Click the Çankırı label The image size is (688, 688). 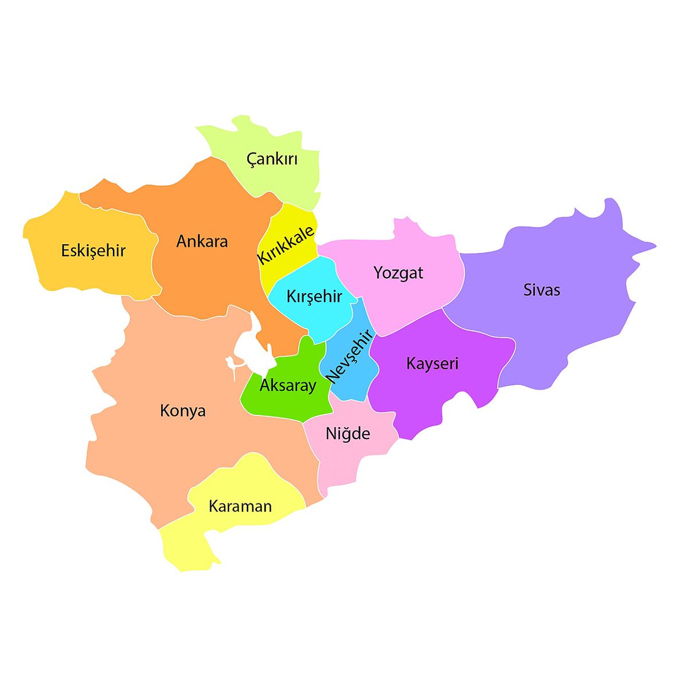coord(272,159)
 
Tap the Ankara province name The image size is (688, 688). coord(202,241)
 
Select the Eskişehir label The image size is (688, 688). coord(93,251)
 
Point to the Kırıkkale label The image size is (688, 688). coord(286,245)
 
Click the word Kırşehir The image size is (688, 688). coord(314,296)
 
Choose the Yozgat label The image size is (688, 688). coord(398,272)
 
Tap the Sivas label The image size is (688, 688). coord(541,290)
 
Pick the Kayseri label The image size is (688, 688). coord(432,363)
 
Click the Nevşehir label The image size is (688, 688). coord(349,355)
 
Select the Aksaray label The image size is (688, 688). coord(288,385)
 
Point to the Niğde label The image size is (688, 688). coord(347,433)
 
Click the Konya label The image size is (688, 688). coord(182,411)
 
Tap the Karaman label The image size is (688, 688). coord(240,506)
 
